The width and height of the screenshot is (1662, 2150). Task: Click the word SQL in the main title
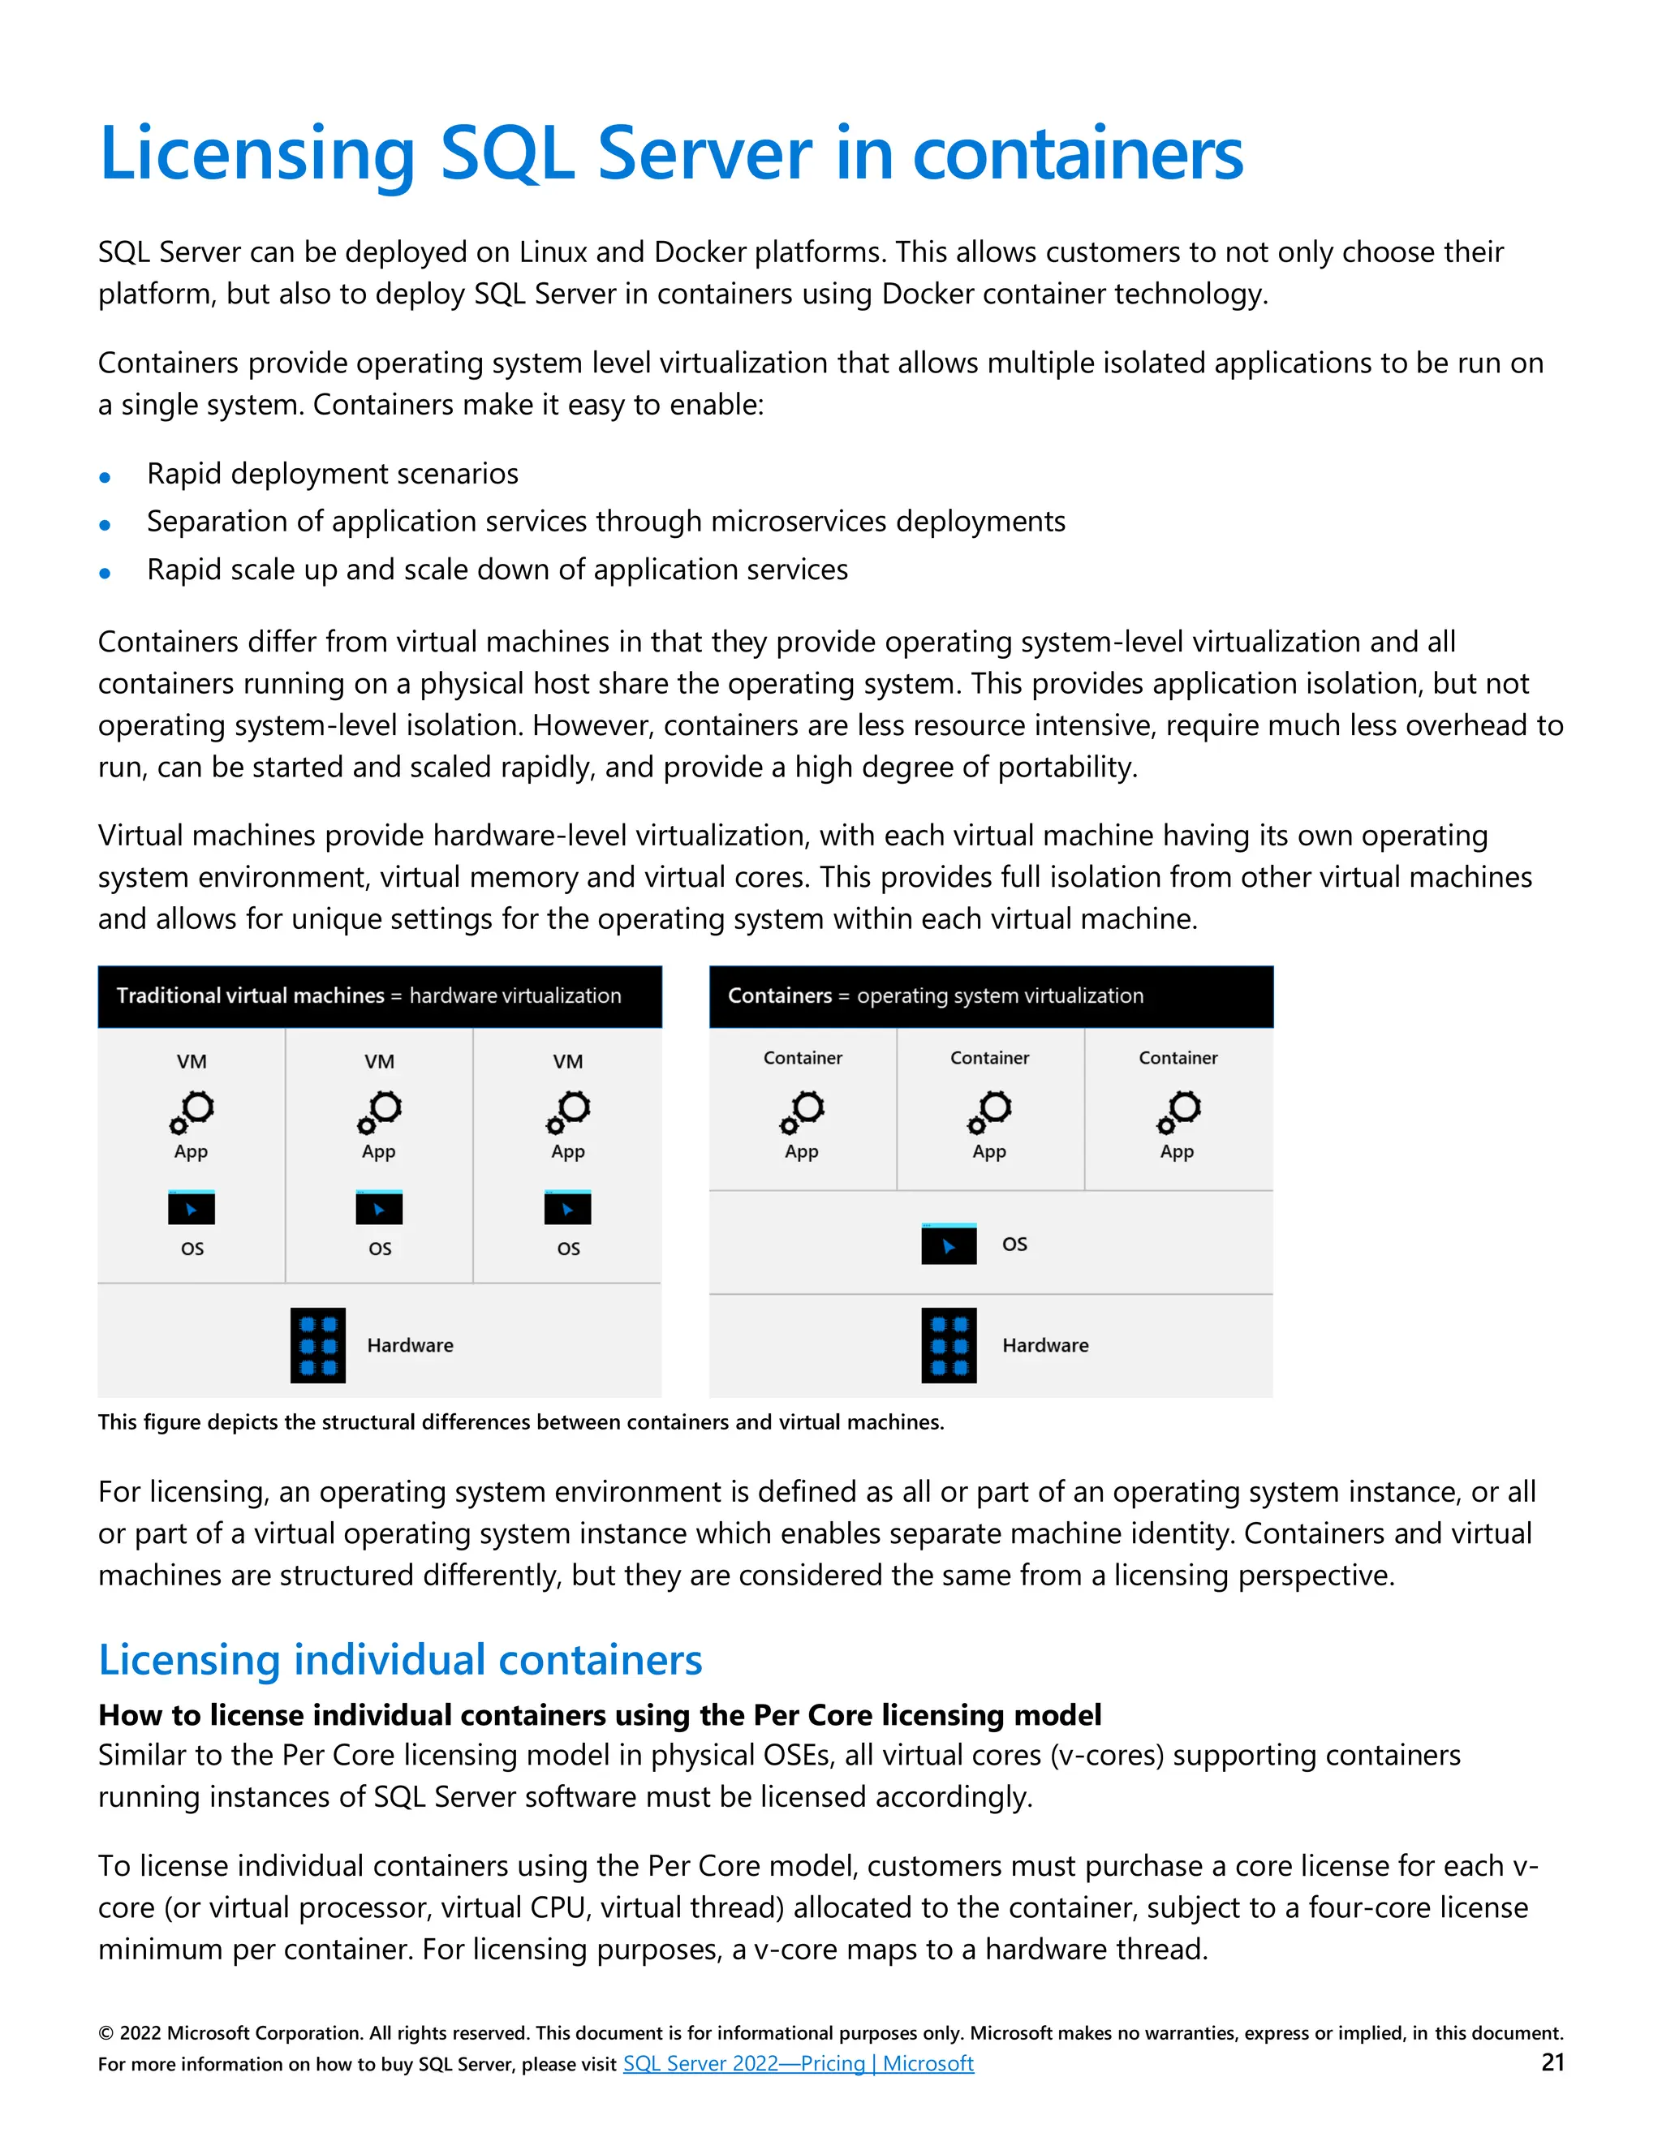click(x=506, y=154)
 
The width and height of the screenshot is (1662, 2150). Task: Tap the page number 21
click(x=1552, y=2062)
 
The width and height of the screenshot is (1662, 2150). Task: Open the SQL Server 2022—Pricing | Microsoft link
click(x=798, y=2063)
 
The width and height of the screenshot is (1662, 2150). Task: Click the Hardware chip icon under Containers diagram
click(x=948, y=1344)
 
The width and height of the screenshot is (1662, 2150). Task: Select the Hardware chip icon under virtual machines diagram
click(x=318, y=1344)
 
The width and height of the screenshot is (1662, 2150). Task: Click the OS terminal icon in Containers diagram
click(x=948, y=1245)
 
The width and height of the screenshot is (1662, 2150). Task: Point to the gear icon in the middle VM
click(x=379, y=1112)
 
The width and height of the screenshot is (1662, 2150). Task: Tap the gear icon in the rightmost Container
click(x=1178, y=1112)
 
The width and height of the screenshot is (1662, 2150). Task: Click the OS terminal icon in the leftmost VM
click(x=191, y=1208)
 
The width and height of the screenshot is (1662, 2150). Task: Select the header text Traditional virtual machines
click(x=250, y=995)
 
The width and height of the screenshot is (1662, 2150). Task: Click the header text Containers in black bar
click(x=780, y=995)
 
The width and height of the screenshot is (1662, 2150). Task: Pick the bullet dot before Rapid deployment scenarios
click(x=105, y=477)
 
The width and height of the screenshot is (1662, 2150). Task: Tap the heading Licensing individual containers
click(x=400, y=1660)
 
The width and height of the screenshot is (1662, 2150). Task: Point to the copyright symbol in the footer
click(x=105, y=2034)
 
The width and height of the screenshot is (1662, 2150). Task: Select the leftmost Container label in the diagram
click(x=803, y=1057)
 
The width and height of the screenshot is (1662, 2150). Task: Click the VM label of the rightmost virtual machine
click(x=567, y=1061)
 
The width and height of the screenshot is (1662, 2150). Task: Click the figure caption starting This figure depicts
click(x=520, y=1422)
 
